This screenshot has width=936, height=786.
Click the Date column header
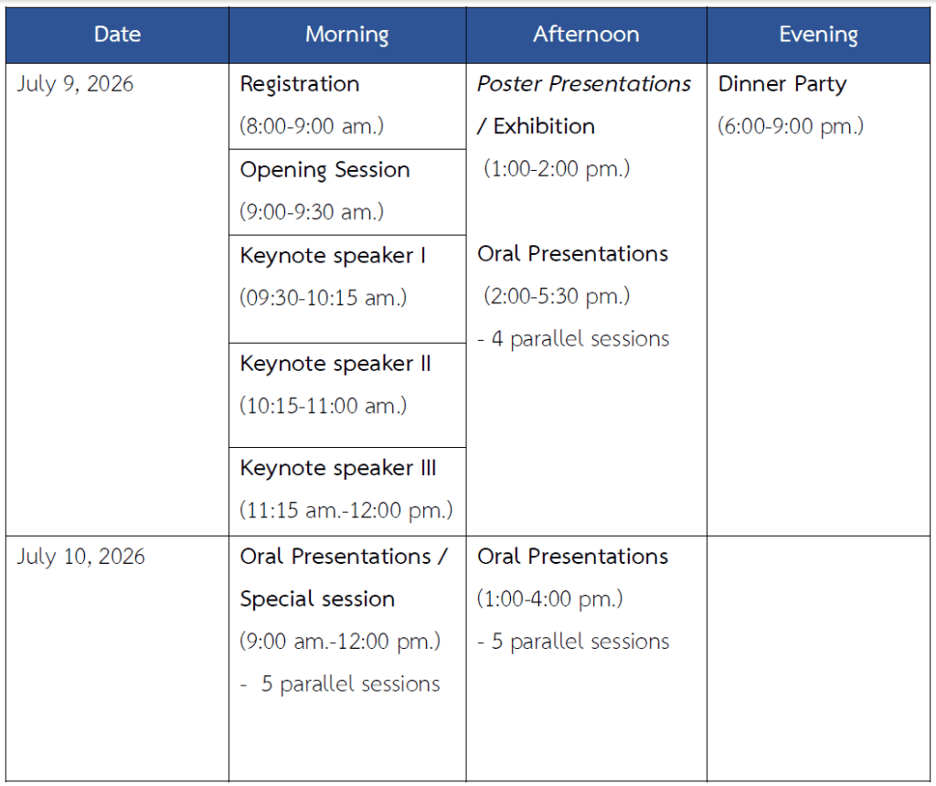pos(118,34)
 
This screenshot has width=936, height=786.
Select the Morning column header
pos(346,35)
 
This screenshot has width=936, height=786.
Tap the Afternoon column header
pos(586,34)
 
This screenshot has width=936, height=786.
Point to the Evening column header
pos(818,35)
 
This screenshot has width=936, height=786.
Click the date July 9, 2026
pos(75,84)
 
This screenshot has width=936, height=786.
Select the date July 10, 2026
pos(80,557)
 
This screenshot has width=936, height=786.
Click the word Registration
pos(300,85)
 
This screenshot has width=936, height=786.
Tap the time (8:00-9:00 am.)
pos(312,126)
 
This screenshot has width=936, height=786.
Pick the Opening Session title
pos(324,170)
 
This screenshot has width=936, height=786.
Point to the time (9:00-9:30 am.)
pos(312,212)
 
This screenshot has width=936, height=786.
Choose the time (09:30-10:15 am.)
pos(323,298)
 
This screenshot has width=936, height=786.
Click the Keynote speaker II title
pos(335,364)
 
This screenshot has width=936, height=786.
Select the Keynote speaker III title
pos(338,468)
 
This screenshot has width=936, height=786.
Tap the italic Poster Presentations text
pos(584,84)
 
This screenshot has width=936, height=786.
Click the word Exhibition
pos(544,126)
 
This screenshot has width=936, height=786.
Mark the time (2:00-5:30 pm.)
pos(557,296)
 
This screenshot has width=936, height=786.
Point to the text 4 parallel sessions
pos(580,339)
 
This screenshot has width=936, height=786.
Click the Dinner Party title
pos(782,84)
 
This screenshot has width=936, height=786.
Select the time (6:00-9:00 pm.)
pos(791,126)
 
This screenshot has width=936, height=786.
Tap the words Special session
pos(317,600)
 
